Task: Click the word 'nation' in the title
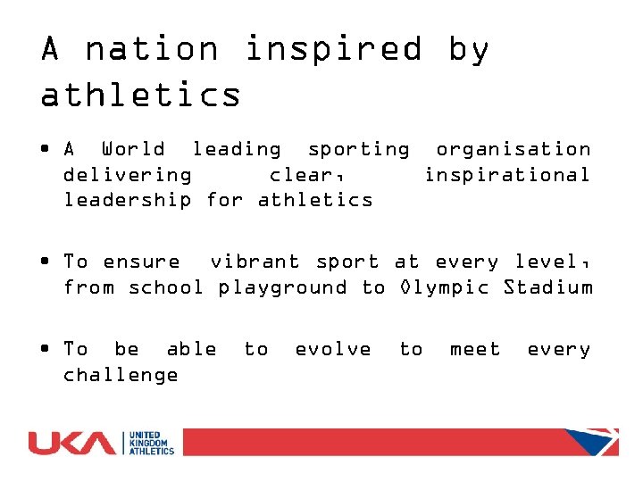pos(152,48)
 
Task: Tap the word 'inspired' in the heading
pos(332,48)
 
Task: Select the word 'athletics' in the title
pos(141,94)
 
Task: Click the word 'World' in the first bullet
pos(133,149)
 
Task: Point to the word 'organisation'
pos(513,149)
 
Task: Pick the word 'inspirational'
pos(506,174)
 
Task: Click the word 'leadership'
pos(127,199)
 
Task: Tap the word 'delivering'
pos(127,174)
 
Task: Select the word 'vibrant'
pos(255,262)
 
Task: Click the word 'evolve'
pos(333,349)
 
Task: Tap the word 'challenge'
pos(121,374)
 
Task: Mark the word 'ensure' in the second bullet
pos(141,262)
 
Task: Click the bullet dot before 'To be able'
pos(45,349)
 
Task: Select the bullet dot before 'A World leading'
pos(45,149)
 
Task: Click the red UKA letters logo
pos(71,443)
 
